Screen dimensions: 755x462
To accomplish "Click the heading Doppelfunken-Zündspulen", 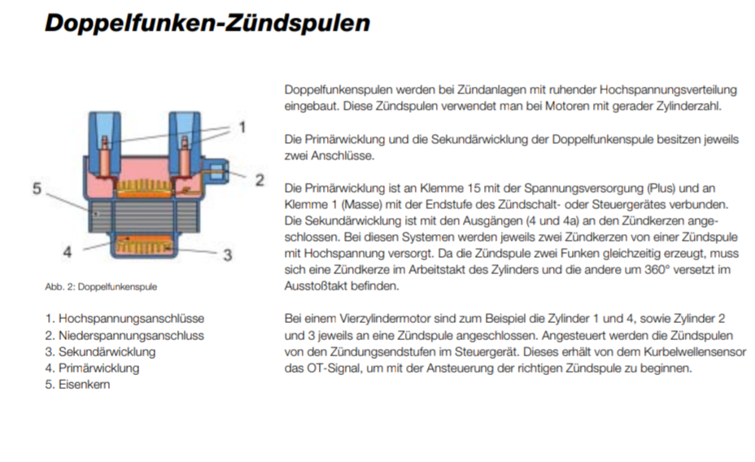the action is coord(207,24).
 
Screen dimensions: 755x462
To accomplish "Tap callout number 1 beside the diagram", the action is coord(242,128).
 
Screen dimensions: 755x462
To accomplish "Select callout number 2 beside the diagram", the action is coord(260,181).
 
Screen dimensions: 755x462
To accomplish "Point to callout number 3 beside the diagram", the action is coord(228,255).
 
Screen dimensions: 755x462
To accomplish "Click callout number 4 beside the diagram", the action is coord(68,251).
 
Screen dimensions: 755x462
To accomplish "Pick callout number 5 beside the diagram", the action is coord(37,188).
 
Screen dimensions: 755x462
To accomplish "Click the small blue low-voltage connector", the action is coord(216,172).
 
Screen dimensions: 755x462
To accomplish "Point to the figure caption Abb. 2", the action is coord(101,287).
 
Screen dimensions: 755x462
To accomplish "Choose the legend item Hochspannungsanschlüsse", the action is coord(124,319).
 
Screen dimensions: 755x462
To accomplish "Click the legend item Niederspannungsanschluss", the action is coord(124,335).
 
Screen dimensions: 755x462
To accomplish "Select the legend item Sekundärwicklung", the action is coord(101,352).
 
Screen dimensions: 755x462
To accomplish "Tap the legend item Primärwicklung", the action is coord(93,368).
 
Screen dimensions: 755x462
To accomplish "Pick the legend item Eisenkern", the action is coord(77,385).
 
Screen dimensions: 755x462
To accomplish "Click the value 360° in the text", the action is coord(657,269).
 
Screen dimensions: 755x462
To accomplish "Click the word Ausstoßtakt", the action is coord(316,285).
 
